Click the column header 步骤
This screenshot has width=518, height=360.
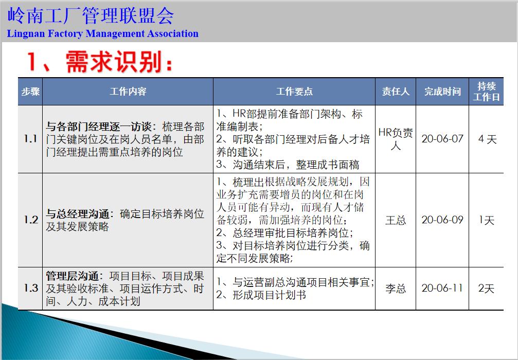click(x=30, y=92)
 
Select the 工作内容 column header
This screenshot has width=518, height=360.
click(x=128, y=92)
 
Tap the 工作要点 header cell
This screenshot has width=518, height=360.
click(x=294, y=92)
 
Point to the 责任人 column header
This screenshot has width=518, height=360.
click(x=396, y=92)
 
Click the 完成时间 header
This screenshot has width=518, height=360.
click(x=442, y=92)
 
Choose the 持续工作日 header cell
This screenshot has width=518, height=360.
click(x=487, y=92)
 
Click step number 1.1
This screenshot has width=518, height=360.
click(x=30, y=139)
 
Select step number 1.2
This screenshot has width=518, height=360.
click(x=30, y=220)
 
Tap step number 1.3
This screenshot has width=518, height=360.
click(x=30, y=288)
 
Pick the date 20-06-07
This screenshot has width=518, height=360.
click(x=442, y=139)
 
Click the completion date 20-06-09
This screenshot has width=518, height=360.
click(x=442, y=220)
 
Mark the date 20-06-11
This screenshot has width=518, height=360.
click(x=442, y=288)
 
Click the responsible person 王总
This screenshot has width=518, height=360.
click(x=396, y=220)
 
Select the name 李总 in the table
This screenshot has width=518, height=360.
click(x=396, y=289)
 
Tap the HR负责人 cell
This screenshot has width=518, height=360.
click(x=396, y=139)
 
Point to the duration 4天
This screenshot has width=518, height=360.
click(x=487, y=139)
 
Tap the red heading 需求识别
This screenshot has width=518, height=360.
click(x=118, y=63)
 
